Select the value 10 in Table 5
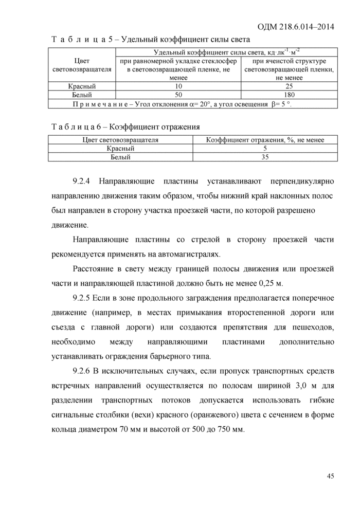tap(178, 86)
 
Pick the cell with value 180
tap(289, 95)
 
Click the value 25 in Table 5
tap(289, 86)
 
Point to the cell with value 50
tap(178, 95)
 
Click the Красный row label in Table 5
tap(82, 86)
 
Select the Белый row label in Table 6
tap(120, 157)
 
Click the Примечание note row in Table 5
tap(193, 104)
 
